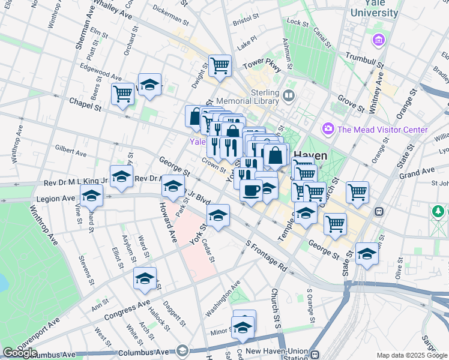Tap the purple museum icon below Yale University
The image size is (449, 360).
pyautogui.click(x=379, y=41)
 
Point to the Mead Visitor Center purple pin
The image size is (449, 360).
pyautogui.click(x=328, y=128)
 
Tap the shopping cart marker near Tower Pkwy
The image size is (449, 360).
pyautogui.click(x=220, y=65)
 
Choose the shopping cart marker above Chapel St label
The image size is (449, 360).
pyautogui.click(x=122, y=94)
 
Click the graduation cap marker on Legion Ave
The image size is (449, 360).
pyautogui.click(x=91, y=196)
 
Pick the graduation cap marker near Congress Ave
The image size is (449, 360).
pyautogui.click(x=145, y=278)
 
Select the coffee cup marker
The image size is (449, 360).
pyautogui.click(x=251, y=190)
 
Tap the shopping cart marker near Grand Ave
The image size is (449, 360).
pyautogui.click(x=357, y=192)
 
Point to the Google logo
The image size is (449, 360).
pyautogui.click(x=20, y=353)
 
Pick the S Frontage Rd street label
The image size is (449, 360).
pyautogui.click(x=267, y=254)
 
